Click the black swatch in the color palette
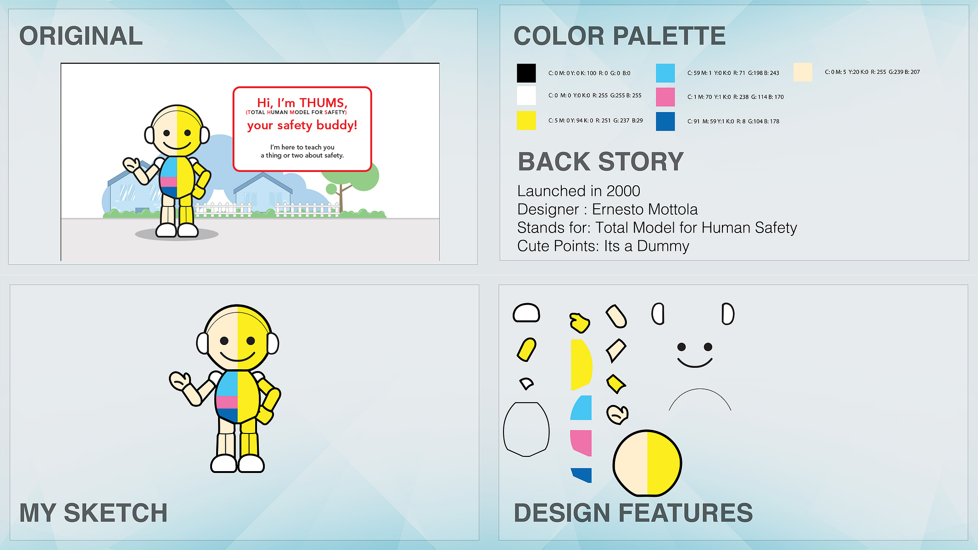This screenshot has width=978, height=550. coord(526,73)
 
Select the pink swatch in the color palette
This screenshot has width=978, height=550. coord(665,97)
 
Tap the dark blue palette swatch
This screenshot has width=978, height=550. coord(665,121)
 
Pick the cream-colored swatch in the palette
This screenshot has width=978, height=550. coord(803,72)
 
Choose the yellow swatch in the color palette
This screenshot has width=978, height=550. coord(526,120)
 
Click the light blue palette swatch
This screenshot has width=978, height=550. coord(665,73)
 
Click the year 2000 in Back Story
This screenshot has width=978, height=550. coord(623,191)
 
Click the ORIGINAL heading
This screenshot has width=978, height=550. coord(81,36)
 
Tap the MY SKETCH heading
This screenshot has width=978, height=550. coord(94,512)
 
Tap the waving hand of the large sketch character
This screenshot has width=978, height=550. coord(180,381)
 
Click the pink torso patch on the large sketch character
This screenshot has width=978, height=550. coord(227,402)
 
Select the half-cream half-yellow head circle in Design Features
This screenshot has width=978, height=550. coord(647,463)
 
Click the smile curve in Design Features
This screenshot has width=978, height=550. coord(695,363)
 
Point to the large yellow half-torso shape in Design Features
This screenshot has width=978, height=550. coord(581,365)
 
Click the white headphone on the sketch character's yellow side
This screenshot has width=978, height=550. coord(273,343)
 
